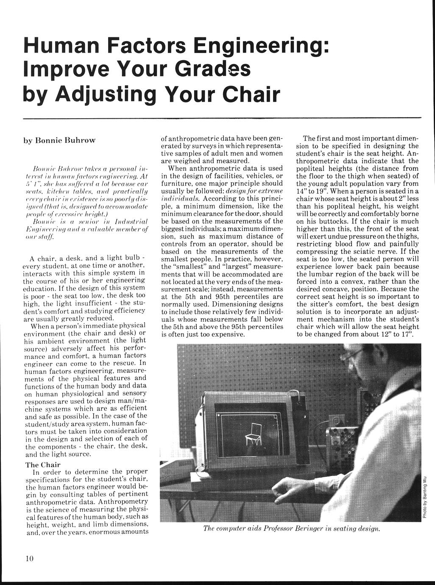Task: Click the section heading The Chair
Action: (43, 465)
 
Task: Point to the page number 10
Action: (29, 558)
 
